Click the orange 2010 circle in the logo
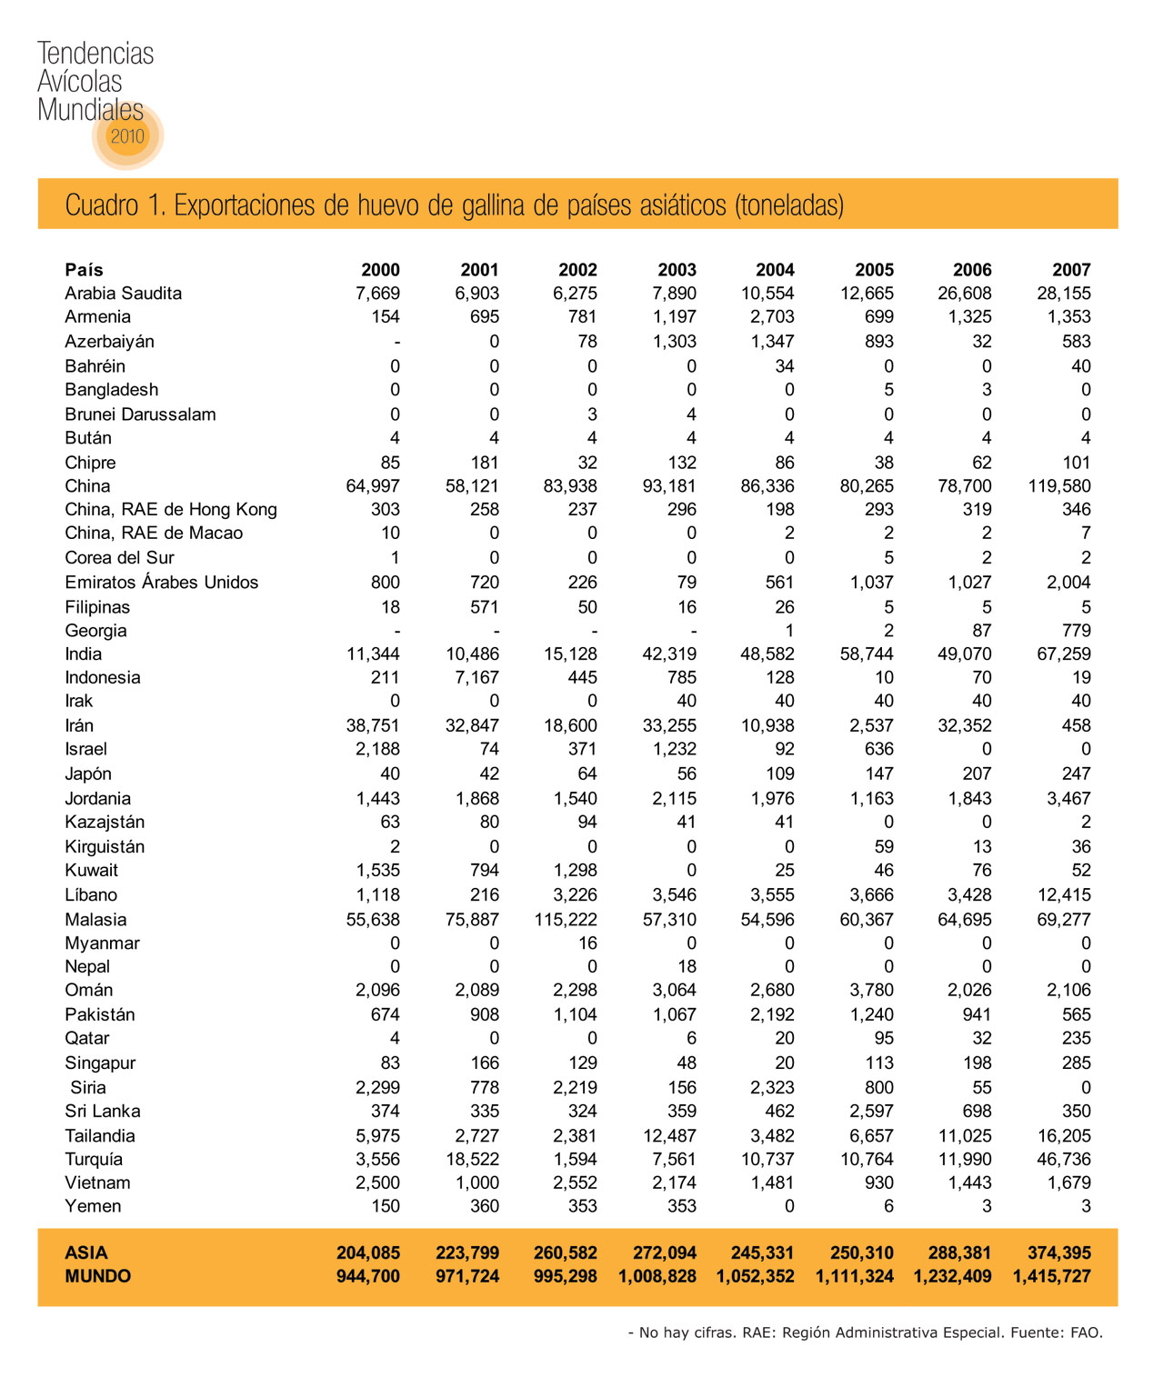(x=127, y=136)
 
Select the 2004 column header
(x=775, y=270)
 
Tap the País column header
(x=84, y=270)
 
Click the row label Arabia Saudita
(x=123, y=294)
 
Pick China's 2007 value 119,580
(x=1059, y=486)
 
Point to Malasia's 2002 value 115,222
(x=566, y=920)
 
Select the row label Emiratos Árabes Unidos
(x=161, y=583)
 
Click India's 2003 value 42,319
(x=669, y=654)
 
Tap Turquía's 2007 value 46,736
(x=1063, y=1160)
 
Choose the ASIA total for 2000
(x=368, y=1253)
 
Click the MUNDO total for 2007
(x=1051, y=1277)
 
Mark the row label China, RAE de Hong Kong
(x=170, y=510)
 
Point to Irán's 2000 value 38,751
(x=373, y=726)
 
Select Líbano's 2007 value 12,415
(x=1063, y=895)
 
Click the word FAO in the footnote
(x=1086, y=1333)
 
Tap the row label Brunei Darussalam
(x=140, y=414)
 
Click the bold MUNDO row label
(x=97, y=1277)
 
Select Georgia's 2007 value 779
(x=1076, y=631)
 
